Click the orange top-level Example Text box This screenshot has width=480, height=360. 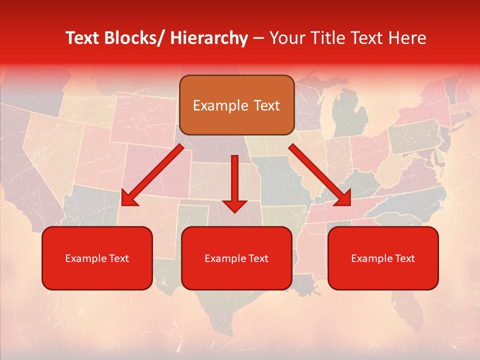236,105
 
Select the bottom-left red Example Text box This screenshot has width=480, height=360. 97,258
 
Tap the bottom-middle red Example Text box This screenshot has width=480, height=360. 236,258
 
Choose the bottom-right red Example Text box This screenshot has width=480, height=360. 383,258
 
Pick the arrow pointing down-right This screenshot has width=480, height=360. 320,175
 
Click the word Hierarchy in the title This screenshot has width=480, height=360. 208,38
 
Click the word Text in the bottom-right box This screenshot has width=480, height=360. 404,258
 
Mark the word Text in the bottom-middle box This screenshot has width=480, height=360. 258,258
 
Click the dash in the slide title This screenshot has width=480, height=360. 258,38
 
